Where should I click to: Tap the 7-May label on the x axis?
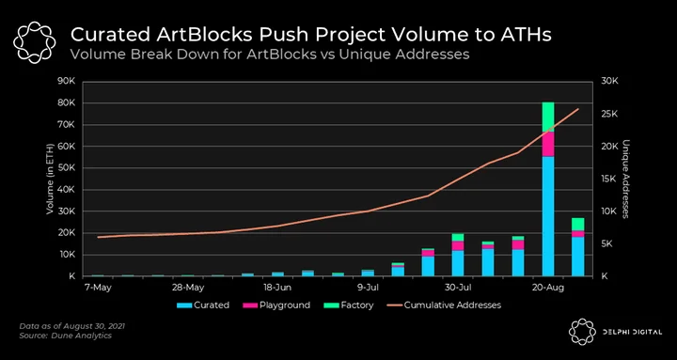[98, 288]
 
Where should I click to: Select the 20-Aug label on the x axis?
[548, 288]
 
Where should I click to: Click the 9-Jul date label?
[369, 288]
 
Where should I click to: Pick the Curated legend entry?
[203, 305]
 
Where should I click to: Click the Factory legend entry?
[348, 305]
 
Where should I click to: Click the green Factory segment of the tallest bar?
[548, 117]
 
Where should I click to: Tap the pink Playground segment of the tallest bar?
[548, 144]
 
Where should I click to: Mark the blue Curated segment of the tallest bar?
[548, 216]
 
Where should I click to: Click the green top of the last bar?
[577, 225]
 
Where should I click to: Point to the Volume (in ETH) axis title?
[50, 180]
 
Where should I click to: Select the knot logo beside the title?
[35, 41]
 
